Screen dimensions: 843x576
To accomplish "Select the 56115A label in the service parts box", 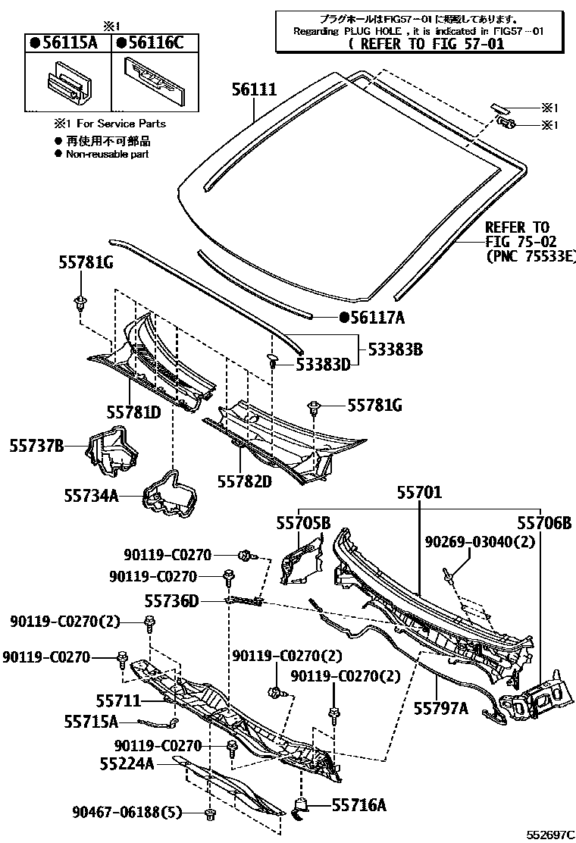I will click(68, 42).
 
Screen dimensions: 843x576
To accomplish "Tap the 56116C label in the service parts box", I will click(153, 42).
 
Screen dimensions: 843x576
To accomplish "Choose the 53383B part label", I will click(396, 349).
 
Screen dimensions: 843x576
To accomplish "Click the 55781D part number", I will click(133, 413).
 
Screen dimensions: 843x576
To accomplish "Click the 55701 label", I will click(418, 493).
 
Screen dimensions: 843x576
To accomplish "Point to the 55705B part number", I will click(303, 522).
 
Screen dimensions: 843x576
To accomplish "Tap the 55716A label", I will click(358, 805).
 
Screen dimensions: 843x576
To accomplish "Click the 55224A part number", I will click(127, 763).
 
